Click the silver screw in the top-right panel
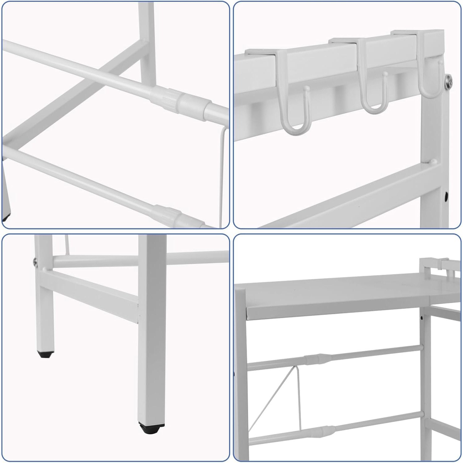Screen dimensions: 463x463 [449, 82]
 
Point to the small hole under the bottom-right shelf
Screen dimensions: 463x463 [422, 317]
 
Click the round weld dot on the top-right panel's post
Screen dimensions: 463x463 [434, 161]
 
